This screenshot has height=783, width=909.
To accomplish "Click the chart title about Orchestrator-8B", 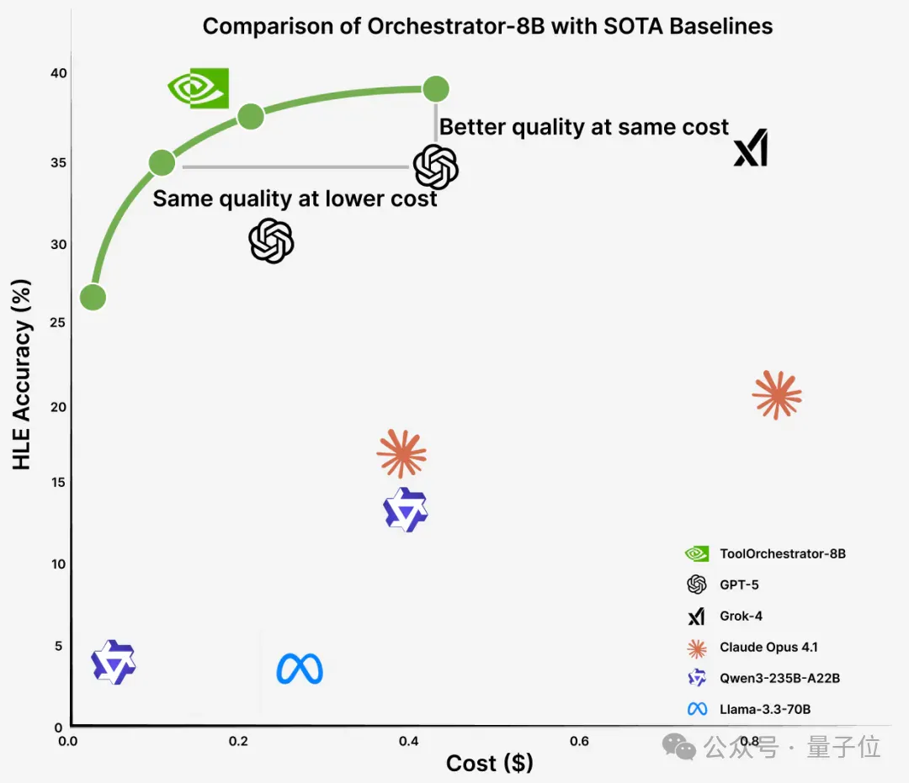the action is pyautogui.click(x=487, y=27).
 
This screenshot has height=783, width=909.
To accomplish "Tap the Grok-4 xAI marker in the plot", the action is pyautogui.click(x=751, y=148).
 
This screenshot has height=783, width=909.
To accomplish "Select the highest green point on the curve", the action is pyautogui.click(x=436, y=89).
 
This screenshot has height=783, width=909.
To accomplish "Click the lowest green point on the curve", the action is pyautogui.click(x=93, y=297).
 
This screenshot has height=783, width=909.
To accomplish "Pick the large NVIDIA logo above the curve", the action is pyautogui.click(x=199, y=88).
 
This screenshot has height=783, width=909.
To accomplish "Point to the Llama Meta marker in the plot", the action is pyautogui.click(x=300, y=669).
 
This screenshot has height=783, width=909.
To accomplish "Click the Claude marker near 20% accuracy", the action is pyautogui.click(x=777, y=395).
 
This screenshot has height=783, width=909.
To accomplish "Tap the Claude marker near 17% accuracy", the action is pyautogui.click(x=401, y=453).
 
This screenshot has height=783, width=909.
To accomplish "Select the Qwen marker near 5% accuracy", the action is pyautogui.click(x=114, y=662).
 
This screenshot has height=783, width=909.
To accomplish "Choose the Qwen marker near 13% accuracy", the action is pyautogui.click(x=406, y=510).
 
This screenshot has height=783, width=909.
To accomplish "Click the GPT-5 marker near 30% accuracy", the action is pyautogui.click(x=271, y=241).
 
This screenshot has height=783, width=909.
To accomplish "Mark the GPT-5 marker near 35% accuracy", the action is pyautogui.click(x=436, y=167).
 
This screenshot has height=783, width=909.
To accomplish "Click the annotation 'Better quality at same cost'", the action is pyautogui.click(x=584, y=127).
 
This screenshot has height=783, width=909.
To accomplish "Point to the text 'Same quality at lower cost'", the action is pyautogui.click(x=295, y=198).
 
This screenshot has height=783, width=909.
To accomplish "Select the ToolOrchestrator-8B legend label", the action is pyautogui.click(x=783, y=553).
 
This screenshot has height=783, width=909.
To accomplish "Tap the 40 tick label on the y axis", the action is pyautogui.click(x=59, y=73).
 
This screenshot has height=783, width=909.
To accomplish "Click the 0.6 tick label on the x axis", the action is pyautogui.click(x=579, y=741).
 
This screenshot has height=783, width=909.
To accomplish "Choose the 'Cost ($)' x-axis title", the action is pyautogui.click(x=490, y=764).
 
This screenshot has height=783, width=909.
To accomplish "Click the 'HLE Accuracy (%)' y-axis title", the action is pyautogui.click(x=21, y=375).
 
